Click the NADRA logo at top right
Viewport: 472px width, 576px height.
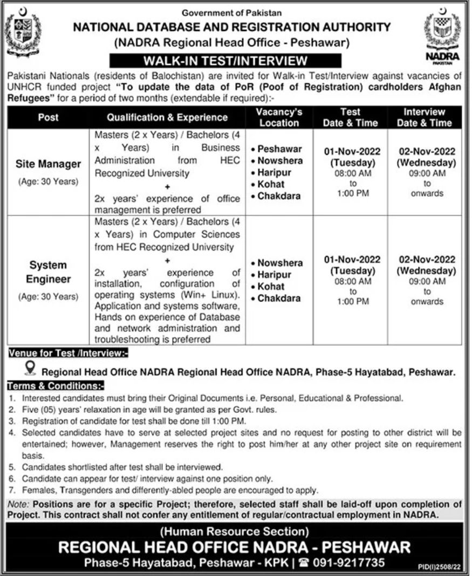(442, 32)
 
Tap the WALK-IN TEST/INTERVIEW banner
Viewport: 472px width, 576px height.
(225, 60)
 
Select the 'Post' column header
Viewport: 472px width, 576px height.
(48, 117)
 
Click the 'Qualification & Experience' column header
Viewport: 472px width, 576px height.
(167, 117)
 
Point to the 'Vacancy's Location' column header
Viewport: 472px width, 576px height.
(279, 117)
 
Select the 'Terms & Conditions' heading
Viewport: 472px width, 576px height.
(55, 387)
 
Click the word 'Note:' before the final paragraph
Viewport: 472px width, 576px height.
(19, 504)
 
